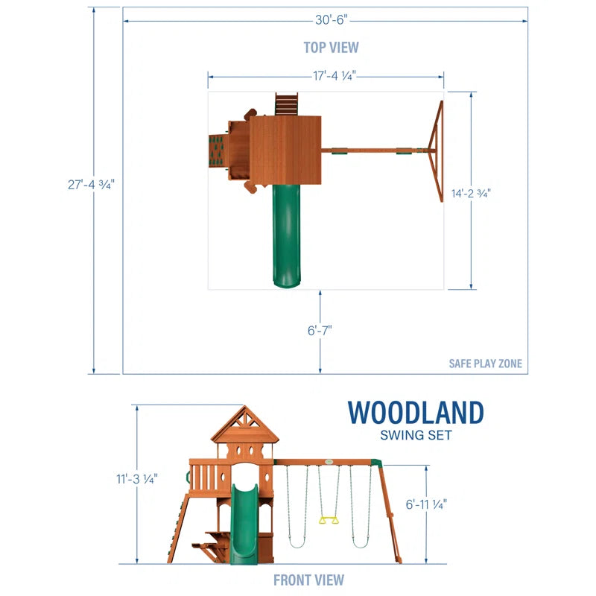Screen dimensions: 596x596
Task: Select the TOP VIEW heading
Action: pyautogui.click(x=331, y=48)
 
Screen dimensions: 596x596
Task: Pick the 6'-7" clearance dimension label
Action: pyautogui.click(x=320, y=329)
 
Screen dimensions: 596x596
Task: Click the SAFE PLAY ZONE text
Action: pyautogui.click(x=485, y=364)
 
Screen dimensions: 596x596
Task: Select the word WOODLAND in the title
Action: pyautogui.click(x=415, y=412)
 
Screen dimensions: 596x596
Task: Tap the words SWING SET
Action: pyautogui.click(x=416, y=435)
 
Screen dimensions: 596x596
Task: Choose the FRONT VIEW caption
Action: pyautogui.click(x=308, y=579)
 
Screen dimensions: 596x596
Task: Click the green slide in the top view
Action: pyautogui.click(x=288, y=235)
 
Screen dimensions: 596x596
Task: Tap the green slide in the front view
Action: pyautogui.click(x=244, y=525)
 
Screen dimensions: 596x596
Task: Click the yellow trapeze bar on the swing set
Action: pyautogui.click(x=328, y=520)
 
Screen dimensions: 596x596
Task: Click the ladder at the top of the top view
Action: pyautogui.click(x=286, y=103)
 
